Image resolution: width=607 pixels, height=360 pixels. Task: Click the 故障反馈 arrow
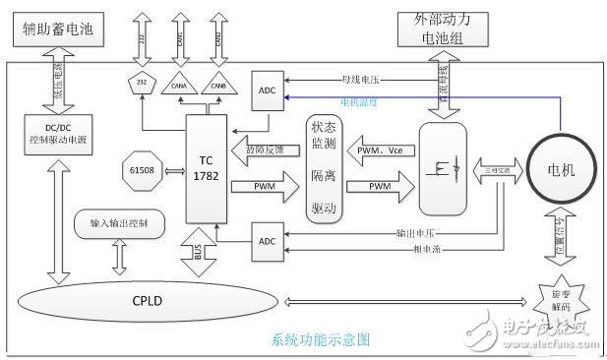[x=265, y=150]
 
